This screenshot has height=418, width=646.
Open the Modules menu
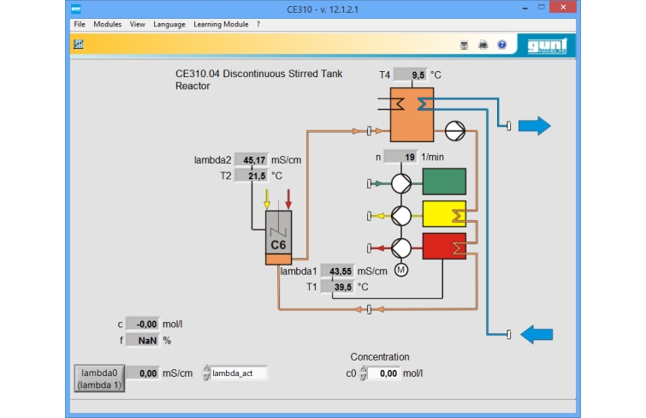click(x=107, y=24)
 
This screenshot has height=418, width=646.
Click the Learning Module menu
click(x=221, y=24)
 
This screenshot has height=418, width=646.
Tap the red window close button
click(x=563, y=7)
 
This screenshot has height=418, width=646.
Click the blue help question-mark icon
click(x=501, y=45)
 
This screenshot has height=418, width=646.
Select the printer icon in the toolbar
click(x=483, y=45)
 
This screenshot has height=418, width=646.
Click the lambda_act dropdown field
click(x=239, y=373)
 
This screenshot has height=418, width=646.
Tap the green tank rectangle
click(x=444, y=182)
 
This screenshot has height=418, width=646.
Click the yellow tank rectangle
click(x=444, y=214)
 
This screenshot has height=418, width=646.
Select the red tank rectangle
click(x=444, y=247)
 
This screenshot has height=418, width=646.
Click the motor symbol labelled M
click(x=401, y=270)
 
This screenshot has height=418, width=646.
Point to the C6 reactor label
click(x=278, y=245)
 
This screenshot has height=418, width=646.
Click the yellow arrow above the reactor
click(x=267, y=199)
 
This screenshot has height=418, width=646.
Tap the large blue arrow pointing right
click(x=535, y=125)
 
